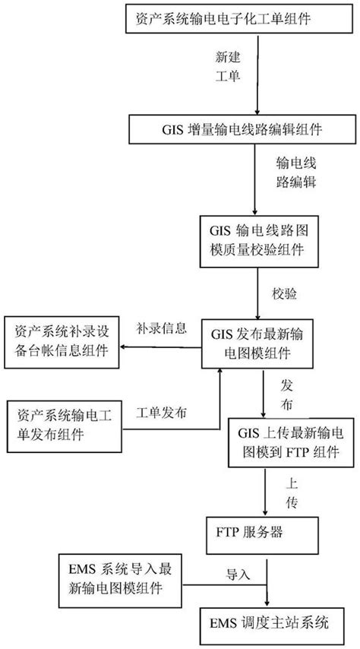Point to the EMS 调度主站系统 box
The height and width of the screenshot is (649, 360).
coord(263,622)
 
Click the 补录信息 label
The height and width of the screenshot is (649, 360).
coord(162,329)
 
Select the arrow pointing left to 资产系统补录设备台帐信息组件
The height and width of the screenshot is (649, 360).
coord(163,347)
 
